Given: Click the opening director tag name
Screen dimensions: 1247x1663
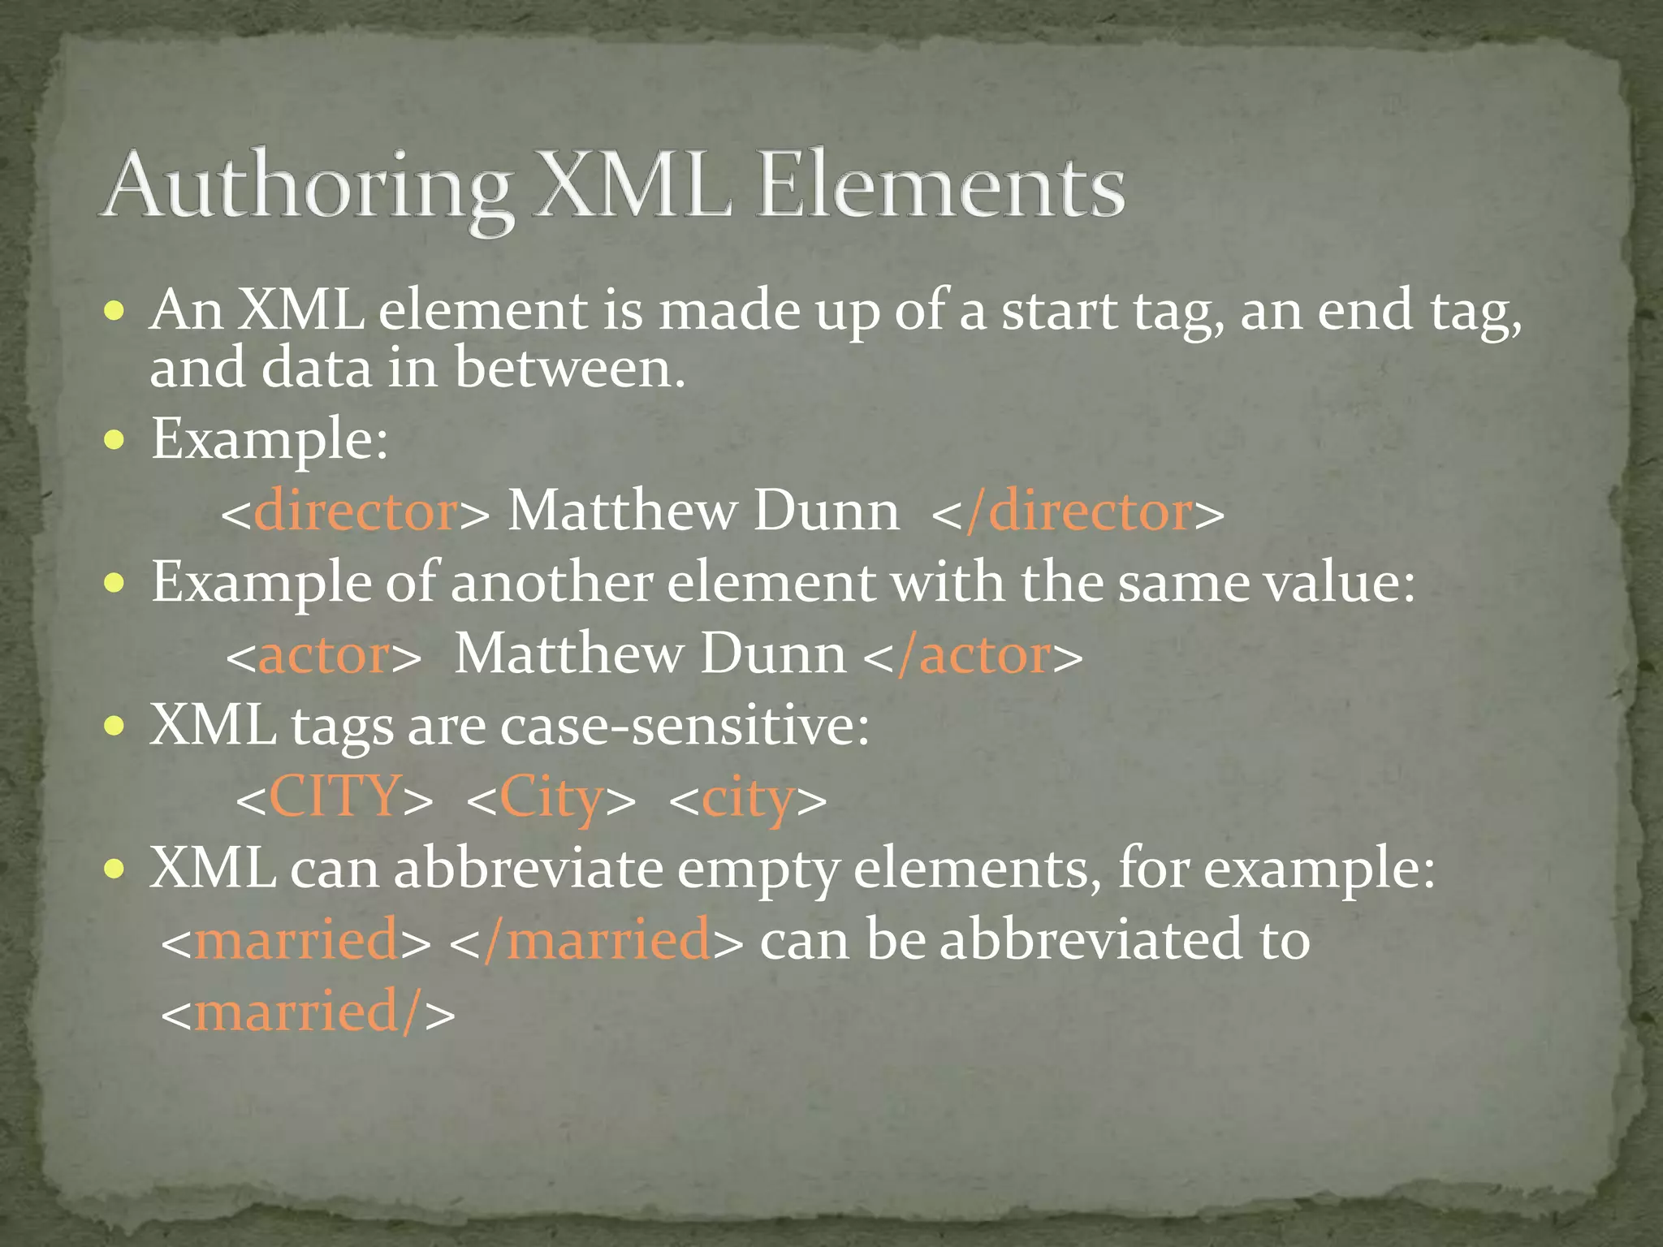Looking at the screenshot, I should coord(356,512).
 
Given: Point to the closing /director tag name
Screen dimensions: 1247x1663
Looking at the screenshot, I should coord(1080,512).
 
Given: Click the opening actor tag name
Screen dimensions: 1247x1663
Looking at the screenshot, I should coord(323,655).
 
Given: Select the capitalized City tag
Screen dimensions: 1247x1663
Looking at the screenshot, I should coord(551,798).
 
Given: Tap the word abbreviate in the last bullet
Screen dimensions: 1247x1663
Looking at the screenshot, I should coord(529,869).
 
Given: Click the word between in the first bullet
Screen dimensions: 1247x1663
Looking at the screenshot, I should coord(569,368).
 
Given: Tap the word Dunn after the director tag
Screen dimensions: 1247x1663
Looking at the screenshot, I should coord(826,511).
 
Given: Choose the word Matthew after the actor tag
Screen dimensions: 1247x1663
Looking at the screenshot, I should coord(569,654).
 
